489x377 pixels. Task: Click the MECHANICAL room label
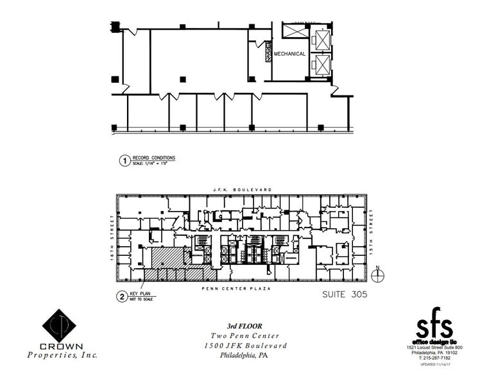point(289,54)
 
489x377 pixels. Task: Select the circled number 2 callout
point(121,296)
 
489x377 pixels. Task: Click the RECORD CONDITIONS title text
point(153,158)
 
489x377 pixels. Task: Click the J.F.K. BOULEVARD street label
point(243,189)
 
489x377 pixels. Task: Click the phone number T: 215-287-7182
point(434,358)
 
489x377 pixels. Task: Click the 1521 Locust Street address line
point(434,348)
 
